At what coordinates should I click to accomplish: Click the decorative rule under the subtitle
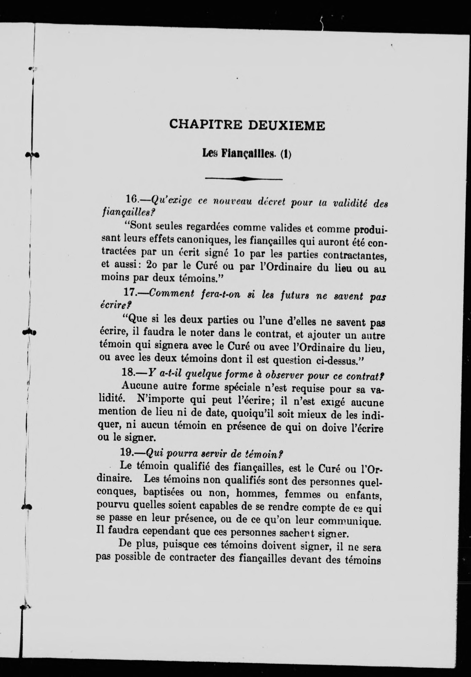click(x=243, y=178)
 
